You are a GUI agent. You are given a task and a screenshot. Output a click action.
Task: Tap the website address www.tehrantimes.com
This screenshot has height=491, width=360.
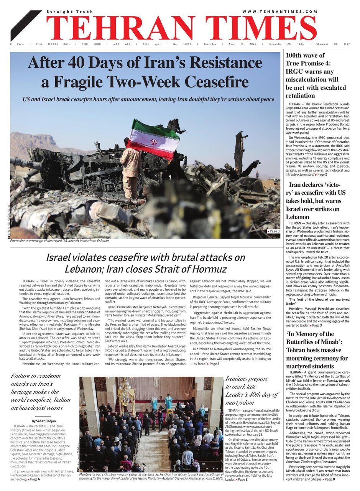click(x=279, y=12)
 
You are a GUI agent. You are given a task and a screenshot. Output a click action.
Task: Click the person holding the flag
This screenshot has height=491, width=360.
click(x=132, y=169)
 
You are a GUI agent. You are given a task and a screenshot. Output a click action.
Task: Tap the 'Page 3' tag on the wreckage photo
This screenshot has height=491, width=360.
click(x=273, y=231)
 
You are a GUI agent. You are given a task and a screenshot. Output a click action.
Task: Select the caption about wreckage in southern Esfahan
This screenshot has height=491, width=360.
click(x=59, y=241)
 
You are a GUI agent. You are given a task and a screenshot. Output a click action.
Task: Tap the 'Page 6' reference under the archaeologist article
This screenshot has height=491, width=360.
click(x=34, y=479)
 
